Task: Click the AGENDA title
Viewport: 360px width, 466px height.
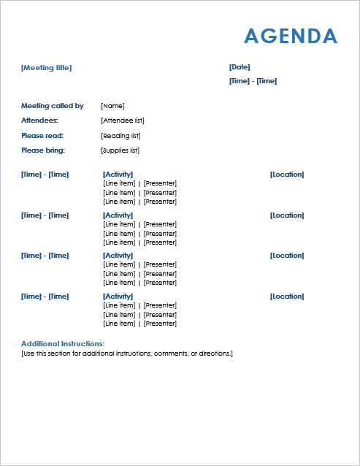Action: pyautogui.click(x=291, y=37)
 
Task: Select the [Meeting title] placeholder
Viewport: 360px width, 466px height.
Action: pyautogui.click(x=47, y=68)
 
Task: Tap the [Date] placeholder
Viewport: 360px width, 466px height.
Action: pyautogui.click(x=240, y=67)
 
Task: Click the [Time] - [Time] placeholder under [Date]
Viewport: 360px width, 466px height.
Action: pyautogui.click(x=253, y=81)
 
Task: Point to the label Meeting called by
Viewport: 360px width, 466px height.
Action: pyautogui.click(x=53, y=106)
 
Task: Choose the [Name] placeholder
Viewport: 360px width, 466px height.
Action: pyautogui.click(x=112, y=106)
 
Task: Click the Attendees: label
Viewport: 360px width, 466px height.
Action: pyautogui.click(x=39, y=121)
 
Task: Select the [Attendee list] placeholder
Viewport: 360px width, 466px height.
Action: pyautogui.click(x=123, y=121)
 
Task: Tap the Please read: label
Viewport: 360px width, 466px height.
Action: pyautogui.click(x=42, y=136)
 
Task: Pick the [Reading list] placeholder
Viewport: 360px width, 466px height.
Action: pyautogui.click(x=120, y=136)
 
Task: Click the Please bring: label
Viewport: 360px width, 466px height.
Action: pyautogui.click(x=43, y=150)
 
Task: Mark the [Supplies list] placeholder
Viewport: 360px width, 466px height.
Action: pyautogui.click(x=120, y=150)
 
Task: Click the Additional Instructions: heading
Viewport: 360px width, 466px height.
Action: pyautogui.click(x=63, y=343)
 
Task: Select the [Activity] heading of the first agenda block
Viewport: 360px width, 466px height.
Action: pyautogui.click(x=118, y=175)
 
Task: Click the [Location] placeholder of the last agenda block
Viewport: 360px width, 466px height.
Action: pyautogui.click(x=287, y=297)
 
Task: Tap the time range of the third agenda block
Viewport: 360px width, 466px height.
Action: pyautogui.click(x=45, y=256)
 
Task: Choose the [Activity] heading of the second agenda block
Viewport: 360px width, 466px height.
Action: pyautogui.click(x=118, y=215)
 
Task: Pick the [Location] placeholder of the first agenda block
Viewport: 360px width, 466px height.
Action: pyautogui.click(x=287, y=175)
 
